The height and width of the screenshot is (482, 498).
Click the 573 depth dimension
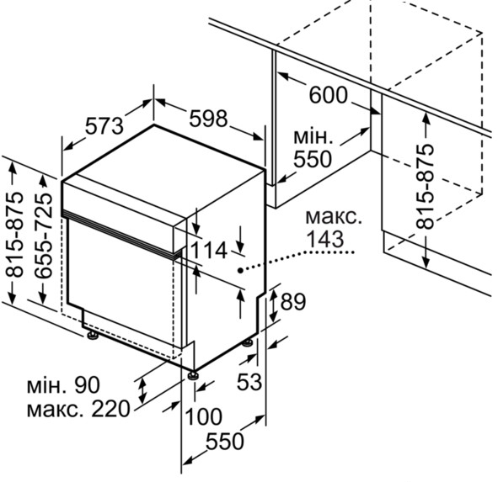point(104,125)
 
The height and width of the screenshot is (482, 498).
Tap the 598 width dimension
point(209,119)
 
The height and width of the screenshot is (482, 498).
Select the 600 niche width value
point(329,95)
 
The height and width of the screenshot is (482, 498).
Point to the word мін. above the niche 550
point(313,136)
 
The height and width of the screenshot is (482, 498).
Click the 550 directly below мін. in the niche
point(313,159)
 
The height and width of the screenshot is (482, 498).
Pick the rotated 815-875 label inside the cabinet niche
point(425,187)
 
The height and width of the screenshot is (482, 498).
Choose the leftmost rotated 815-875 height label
point(15,235)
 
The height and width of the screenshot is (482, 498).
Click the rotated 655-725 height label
point(43,236)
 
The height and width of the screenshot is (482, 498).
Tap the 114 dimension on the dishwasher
point(209,251)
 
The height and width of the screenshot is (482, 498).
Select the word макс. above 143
point(334,218)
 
